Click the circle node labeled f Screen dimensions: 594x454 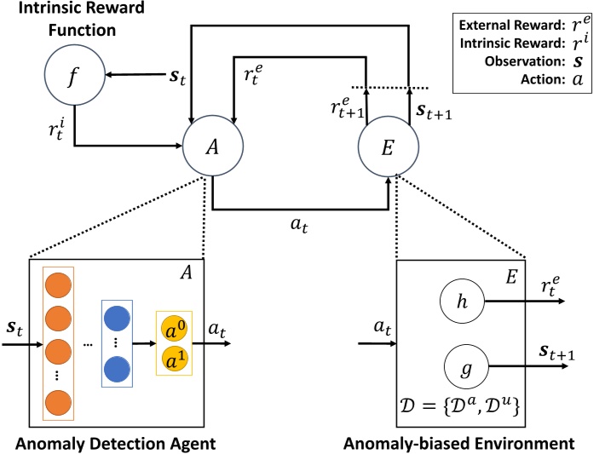pos(75,75)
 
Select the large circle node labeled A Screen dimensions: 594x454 pos(213,147)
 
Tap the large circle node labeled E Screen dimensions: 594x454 pos(389,147)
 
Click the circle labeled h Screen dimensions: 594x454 pos(462,301)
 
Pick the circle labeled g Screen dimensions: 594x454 pos(466,367)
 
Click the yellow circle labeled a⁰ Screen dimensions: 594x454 pos(174,331)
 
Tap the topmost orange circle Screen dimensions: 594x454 pos(58,284)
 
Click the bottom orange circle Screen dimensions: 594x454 pos(58,403)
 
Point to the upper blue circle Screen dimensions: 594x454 pos(117,319)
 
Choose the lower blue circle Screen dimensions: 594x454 pos(117,369)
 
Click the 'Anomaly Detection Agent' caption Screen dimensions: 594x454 pos(116,444)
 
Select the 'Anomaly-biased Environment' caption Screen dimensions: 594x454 pos(458,444)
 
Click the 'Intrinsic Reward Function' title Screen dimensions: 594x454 pos(82,19)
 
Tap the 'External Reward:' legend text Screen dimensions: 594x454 pos(512,26)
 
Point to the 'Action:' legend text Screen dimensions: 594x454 pos(543,79)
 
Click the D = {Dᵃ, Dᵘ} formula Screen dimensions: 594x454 pos(459,406)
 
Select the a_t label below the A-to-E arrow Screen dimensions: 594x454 pos(299,225)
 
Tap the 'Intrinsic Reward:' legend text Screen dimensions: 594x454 pos(512,43)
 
